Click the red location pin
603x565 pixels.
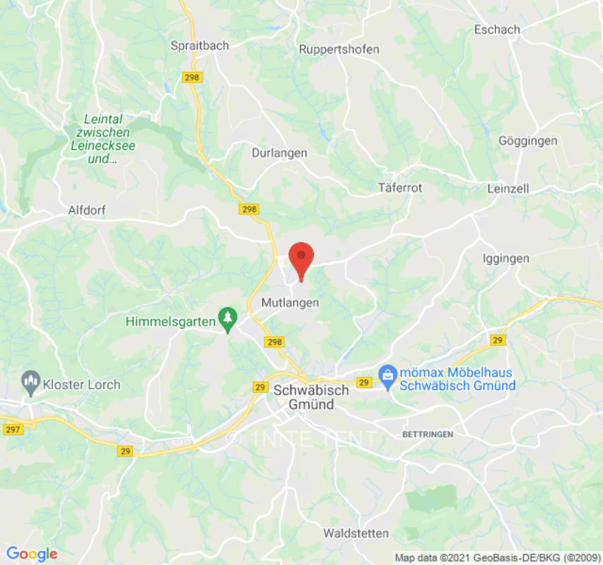[x=302, y=258]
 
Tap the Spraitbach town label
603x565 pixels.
[x=200, y=46]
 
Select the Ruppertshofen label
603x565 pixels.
[x=339, y=49]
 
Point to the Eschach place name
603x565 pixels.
[x=497, y=30]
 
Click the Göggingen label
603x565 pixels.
[x=527, y=141]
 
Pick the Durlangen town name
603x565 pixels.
[x=279, y=153]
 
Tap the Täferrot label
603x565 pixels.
[x=399, y=189]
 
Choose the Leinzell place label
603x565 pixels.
[x=508, y=189]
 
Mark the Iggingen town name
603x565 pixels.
[x=505, y=258]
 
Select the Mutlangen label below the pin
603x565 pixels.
[x=291, y=303]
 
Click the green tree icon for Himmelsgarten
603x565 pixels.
[x=228, y=319]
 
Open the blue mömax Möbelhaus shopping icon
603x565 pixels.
[x=387, y=374]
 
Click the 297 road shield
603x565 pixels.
[x=13, y=429]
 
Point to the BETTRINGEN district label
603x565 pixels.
[x=428, y=434]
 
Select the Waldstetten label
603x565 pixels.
[x=356, y=533]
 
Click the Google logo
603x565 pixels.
[x=31, y=554]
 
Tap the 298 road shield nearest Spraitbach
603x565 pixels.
[x=192, y=78]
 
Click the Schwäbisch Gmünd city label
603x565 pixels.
[x=311, y=398]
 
